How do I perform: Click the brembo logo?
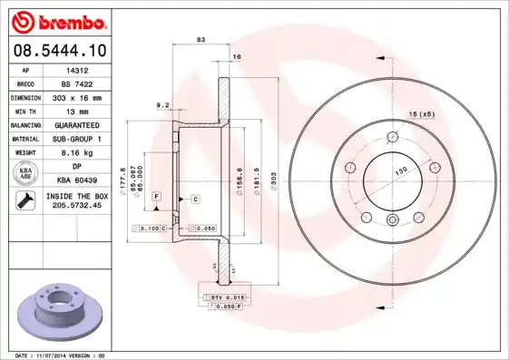57,21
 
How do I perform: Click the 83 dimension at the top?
201,40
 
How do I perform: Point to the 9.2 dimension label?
163,105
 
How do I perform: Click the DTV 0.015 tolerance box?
221,297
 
